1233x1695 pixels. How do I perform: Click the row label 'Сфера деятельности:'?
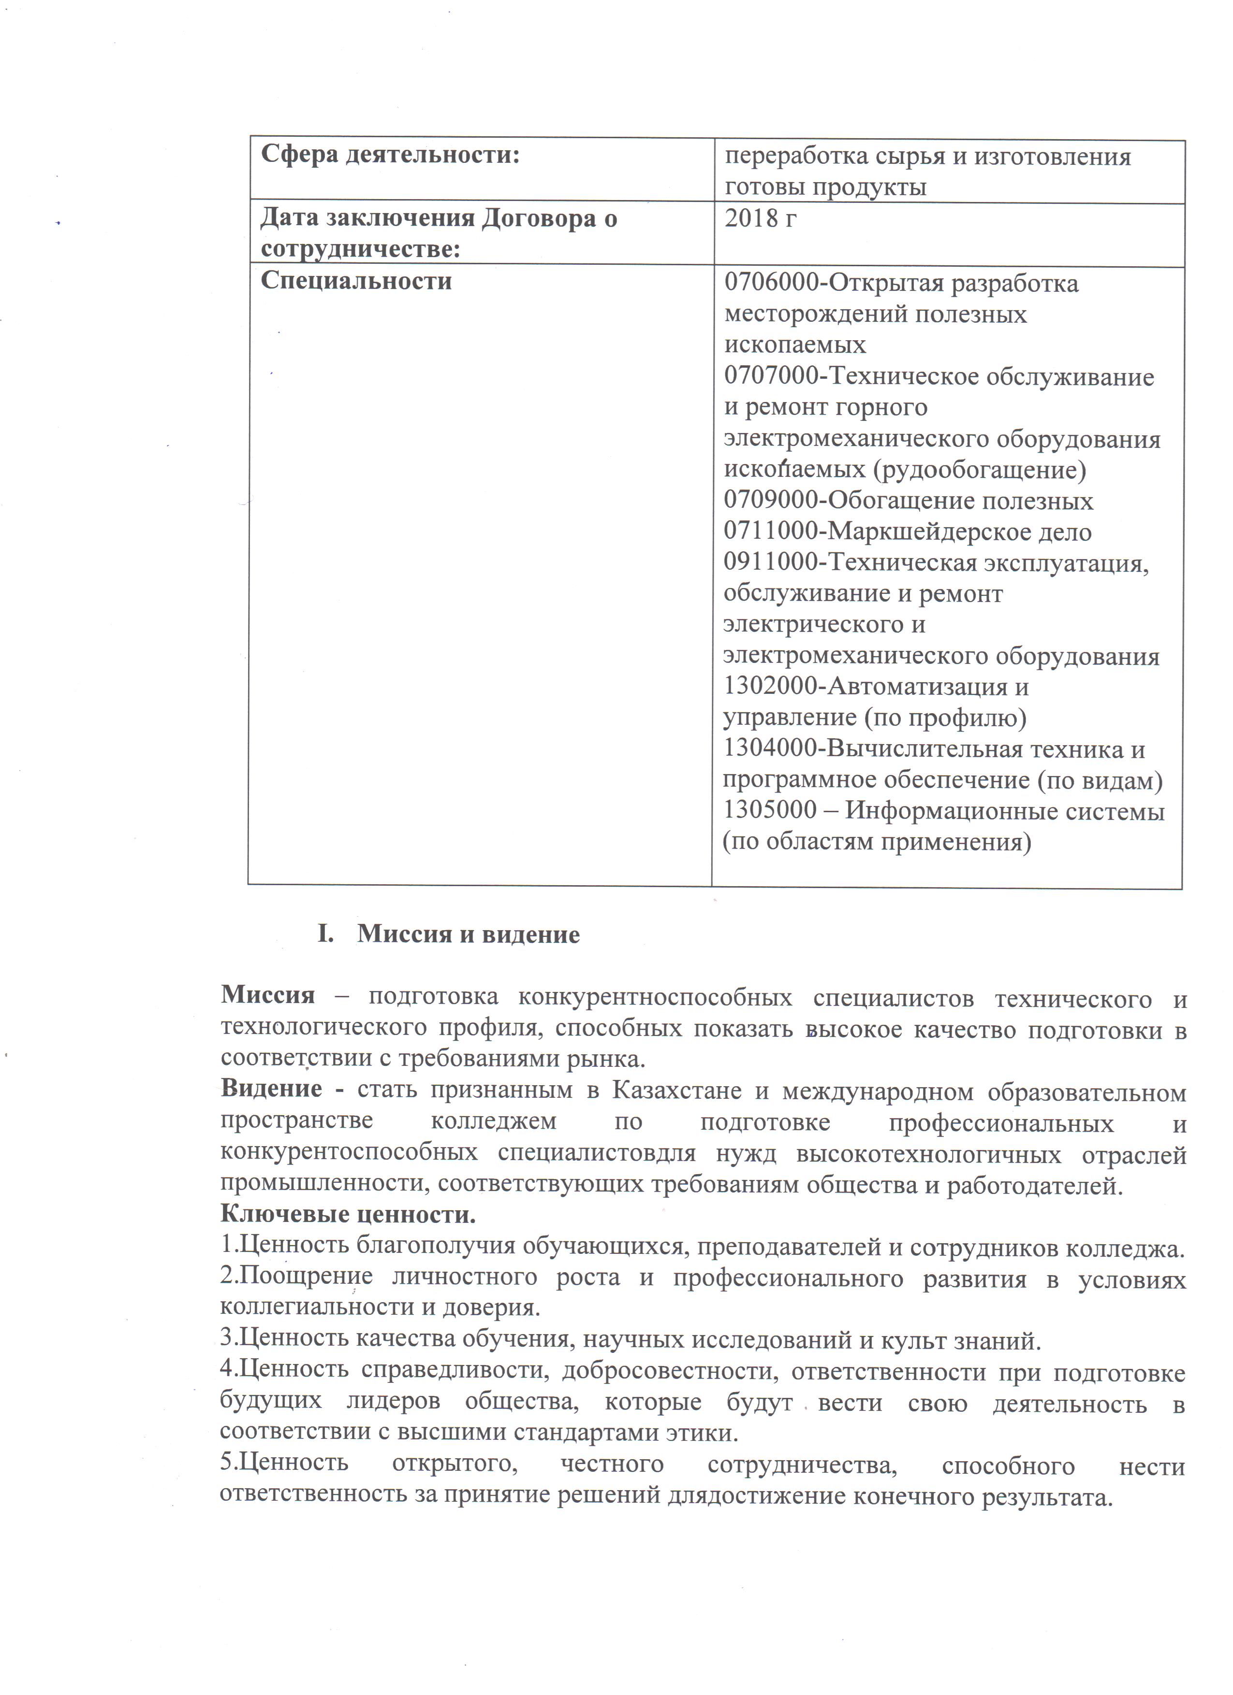pos(390,156)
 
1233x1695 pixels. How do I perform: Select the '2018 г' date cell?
pos(761,219)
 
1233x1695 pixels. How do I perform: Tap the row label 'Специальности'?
pos(356,281)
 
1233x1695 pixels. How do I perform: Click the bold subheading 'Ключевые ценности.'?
pos(348,1214)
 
